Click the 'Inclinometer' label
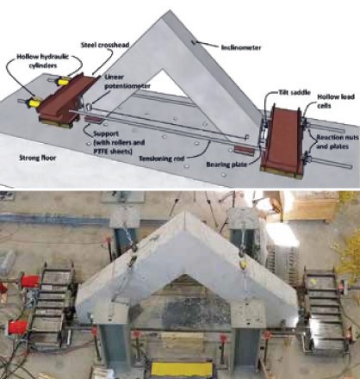[x=241, y=47]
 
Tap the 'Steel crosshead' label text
[x=105, y=45]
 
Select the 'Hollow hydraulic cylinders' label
[x=43, y=61]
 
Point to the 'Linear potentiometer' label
[x=127, y=82]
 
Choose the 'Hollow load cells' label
[x=336, y=101]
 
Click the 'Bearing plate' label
[x=227, y=165]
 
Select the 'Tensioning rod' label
[x=161, y=158]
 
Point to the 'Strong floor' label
[x=37, y=158]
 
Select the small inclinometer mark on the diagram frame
[x=193, y=42]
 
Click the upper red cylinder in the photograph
[x=30, y=281]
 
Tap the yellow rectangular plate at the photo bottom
[x=182, y=370]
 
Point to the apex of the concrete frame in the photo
[x=186, y=213]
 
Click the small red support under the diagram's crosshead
[x=93, y=120]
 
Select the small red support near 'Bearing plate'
[x=244, y=150]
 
